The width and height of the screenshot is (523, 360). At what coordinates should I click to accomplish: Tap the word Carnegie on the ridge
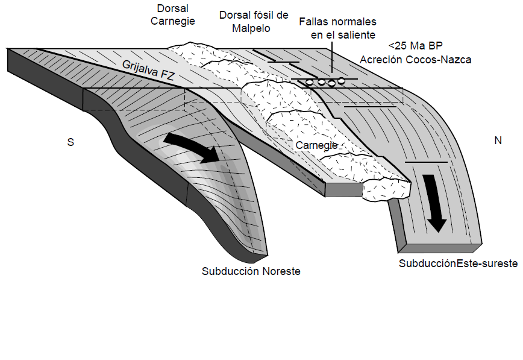(x=317, y=145)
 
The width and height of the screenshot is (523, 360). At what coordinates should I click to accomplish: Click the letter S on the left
(x=70, y=141)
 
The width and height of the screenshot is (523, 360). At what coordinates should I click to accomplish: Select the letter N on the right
(x=498, y=141)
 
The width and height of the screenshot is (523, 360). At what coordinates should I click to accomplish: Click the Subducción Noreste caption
(x=251, y=271)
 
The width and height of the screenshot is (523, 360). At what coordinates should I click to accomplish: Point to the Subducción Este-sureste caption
(x=458, y=264)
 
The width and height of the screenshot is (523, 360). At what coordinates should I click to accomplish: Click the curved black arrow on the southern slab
(x=193, y=148)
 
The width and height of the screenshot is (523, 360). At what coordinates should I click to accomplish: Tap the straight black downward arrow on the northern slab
(x=436, y=203)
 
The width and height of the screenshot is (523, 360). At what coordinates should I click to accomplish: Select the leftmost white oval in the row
(x=310, y=81)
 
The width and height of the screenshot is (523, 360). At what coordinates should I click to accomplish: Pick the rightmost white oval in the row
(x=342, y=80)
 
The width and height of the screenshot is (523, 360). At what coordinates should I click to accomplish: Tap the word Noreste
(x=280, y=271)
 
